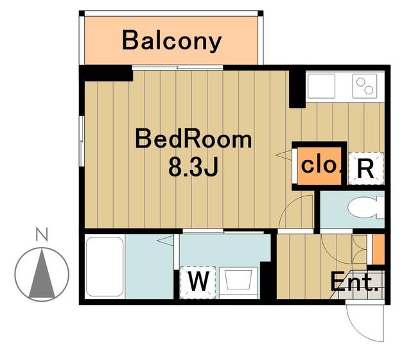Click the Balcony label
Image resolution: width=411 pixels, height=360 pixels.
tap(171, 40)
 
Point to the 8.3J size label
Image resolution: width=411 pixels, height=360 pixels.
tap(193, 167)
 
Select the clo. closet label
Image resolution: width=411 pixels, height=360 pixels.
tap(321, 166)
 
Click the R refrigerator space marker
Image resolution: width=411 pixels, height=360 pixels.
tap(365, 169)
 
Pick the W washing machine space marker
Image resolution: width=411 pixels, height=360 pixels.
tap(198, 282)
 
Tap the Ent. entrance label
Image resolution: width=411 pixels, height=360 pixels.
tap(354, 282)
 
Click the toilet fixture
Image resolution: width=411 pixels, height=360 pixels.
tap(365, 207)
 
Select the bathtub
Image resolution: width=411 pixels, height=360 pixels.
tap(105, 266)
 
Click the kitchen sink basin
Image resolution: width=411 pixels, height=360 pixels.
tap(321, 86)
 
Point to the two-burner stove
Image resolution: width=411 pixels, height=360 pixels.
tap(365, 86)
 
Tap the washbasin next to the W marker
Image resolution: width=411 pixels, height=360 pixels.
tap(238, 282)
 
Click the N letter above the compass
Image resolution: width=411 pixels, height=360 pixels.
tap(42, 234)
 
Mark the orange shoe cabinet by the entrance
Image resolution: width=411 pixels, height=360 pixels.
tap(378, 249)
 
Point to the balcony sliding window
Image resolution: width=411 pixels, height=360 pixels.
tap(177, 67)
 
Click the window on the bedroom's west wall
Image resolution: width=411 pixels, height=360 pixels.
tap(82, 141)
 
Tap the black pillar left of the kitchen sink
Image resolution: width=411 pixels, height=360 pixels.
tap(297, 89)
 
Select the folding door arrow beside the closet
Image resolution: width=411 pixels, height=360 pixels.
tap(284, 155)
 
